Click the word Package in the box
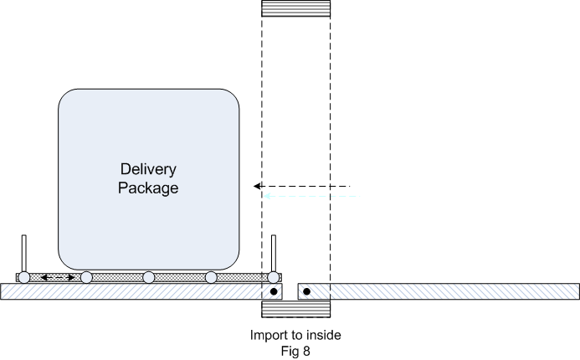pyautogui.click(x=148, y=188)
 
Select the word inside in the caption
pyautogui.click(x=324, y=336)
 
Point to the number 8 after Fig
pyautogui.click(x=306, y=351)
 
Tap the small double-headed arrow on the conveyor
pyautogui.click(x=58, y=277)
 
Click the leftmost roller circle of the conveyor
pyautogui.click(x=24, y=277)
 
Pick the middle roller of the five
pyautogui.click(x=149, y=277)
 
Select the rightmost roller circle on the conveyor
pyautogui.click(x=273, y=277)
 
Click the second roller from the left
pyautogui.click(x=86, y=277)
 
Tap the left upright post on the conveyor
pyautogui.click(x=24, y=253)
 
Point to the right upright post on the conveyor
pyautogui.click(x=274, y=253)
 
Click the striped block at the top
pyautogui.click(x=296, y=9)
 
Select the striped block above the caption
pyautogui.click(x=296, y=309)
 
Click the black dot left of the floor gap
pyautogui.click(x=273, y=291)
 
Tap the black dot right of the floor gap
pyautogui.click(x=306, y=291)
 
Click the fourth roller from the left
pyautogui.click(x=211, y=277)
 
